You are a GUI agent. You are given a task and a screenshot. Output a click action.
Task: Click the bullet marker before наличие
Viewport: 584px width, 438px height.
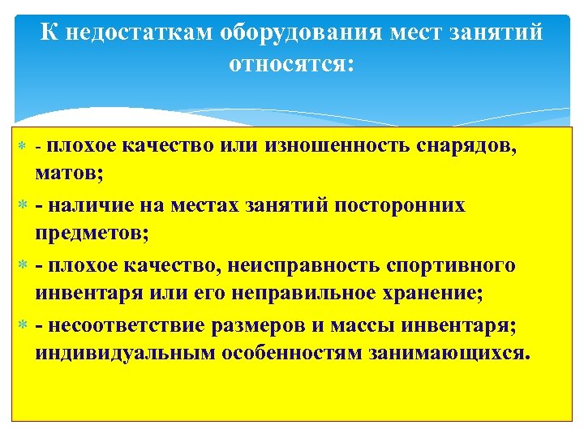23,206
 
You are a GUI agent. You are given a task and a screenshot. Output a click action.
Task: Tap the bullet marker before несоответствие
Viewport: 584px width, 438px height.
23,326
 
